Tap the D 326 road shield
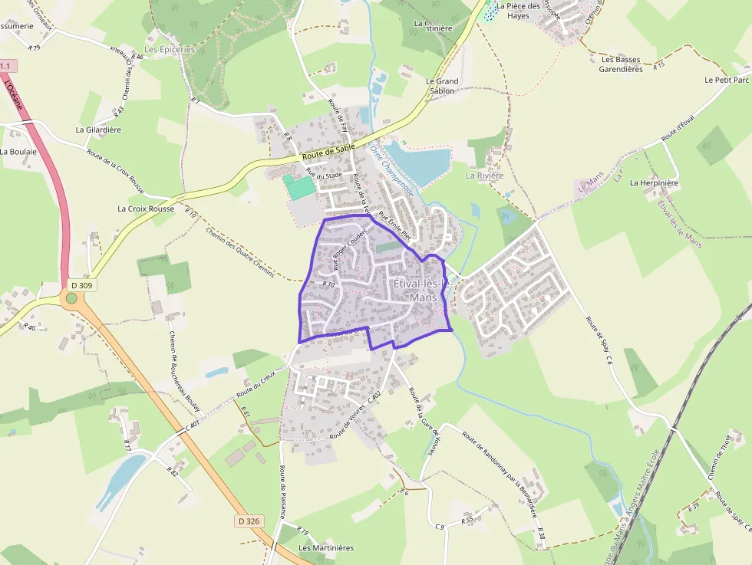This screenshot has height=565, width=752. pyautogui.click(x=249, y=521)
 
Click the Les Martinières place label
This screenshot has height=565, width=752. pyautogui.click(x=326, y=548)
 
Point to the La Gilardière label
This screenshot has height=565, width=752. pyautogui.click(x=98, y=130)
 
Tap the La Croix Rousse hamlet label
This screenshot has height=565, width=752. pyautogui.click(x=146, y=209)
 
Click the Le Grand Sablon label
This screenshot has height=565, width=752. pyautogui.click(x=442, y=86)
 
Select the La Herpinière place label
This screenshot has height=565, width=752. pyautogui.click(x=655, y=183)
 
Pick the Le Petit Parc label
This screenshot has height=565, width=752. pyautogui.click(x=727, y=80)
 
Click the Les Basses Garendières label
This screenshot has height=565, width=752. pyautogui.click(x=622, y=64)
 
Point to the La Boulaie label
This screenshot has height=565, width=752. pyautogui.click(x=18, y=152)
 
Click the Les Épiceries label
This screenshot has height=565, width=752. pyautogui.click(x=170, y=49)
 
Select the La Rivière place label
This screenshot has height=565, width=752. pyautogui.click(x=485, y=176)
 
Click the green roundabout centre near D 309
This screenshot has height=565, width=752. pyautogui.click(x=71, y=298)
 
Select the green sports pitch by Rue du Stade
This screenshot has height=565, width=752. pyautogui.click(x=298, y=186)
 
